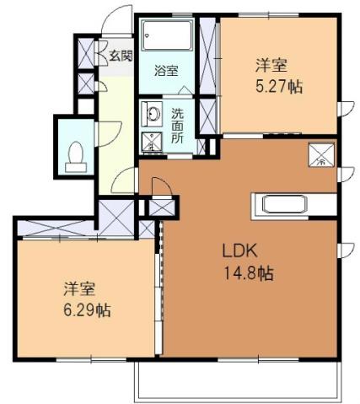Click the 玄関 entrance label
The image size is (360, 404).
click(120, 57)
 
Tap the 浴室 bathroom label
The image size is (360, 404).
click(165, 71)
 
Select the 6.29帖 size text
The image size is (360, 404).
click(85, 310)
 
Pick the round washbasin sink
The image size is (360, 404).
click(152, 114)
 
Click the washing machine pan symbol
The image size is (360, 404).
click(153, 141)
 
